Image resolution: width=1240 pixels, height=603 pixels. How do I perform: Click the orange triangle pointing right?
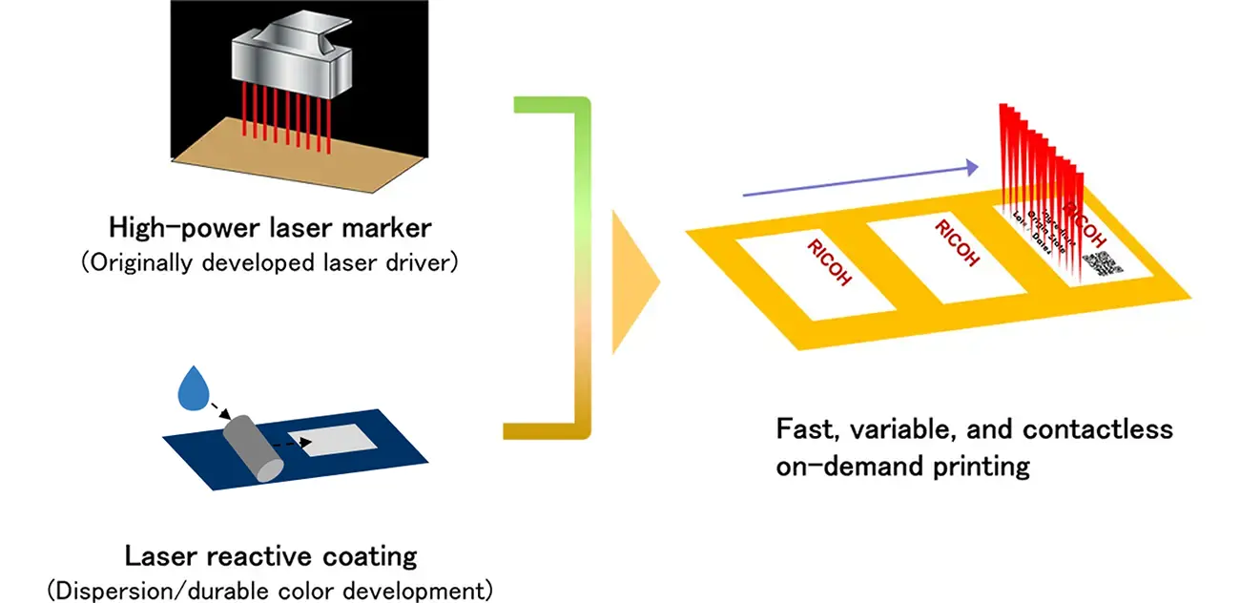pos(633,278)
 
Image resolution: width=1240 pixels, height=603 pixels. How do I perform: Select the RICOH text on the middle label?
pos(957,242)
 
